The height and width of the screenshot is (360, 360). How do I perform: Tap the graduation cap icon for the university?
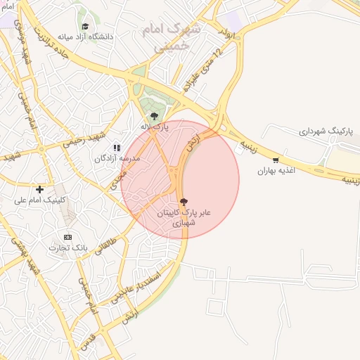pyautogui.click(x=85, y=26)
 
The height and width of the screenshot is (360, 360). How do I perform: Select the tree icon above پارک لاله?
pyautogui.click(x=154, y=116)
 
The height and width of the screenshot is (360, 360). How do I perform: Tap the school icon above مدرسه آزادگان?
pyautogui.click(x=117, y=148)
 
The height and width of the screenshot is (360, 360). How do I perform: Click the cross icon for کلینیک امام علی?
pyautogui.click(x=40, y=189)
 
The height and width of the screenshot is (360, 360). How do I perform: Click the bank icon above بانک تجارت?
pyautogui.click(x=67, y=237)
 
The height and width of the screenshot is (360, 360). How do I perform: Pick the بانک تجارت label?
pyautogui.click(x=67, y=247)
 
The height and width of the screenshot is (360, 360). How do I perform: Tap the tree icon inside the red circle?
pyautogui.click(x=184, y=201)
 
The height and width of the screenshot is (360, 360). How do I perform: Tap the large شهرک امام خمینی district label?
pyautogui.click(x=171, y=36)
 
